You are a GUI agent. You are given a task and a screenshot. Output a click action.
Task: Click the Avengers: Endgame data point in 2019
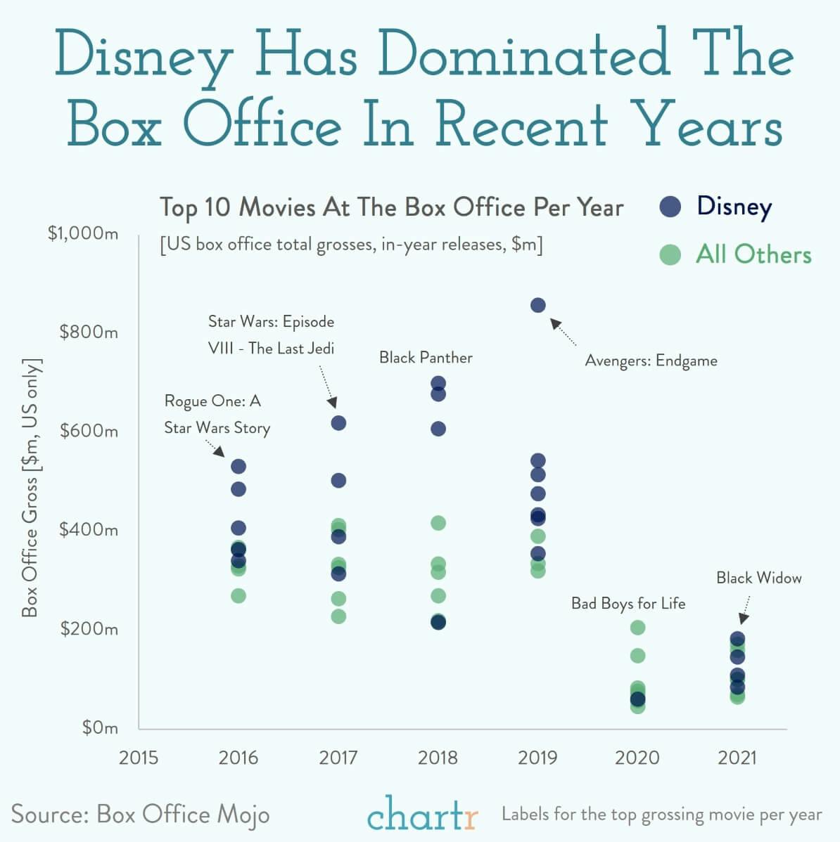[537, 305]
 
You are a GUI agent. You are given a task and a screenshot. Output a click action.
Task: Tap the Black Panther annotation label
[426, 358]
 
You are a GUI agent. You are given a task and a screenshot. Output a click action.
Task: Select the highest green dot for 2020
[637, 627]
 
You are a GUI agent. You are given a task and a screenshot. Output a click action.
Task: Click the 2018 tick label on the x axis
[438, 758]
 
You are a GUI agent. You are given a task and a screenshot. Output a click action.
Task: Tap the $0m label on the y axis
[100, 727]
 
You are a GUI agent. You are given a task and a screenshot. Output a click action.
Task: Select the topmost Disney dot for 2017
[338, 423]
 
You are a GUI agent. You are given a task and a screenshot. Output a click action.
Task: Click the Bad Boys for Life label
[628, 604]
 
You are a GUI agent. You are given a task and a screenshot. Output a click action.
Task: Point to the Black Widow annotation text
[758, 578]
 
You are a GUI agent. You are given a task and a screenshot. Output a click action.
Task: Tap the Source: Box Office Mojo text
[140, 814]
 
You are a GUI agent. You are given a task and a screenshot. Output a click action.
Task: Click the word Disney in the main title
[144, 55]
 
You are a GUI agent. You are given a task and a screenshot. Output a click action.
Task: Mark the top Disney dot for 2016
[238, 467]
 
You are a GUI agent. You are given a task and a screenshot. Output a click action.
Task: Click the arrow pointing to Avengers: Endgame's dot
[563, 332]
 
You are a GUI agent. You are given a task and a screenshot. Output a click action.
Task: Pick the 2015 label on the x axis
[139, 758]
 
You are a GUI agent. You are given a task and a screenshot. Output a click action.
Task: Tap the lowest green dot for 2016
[238, 595]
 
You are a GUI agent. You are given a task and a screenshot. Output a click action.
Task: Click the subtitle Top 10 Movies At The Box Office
[391, 207]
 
